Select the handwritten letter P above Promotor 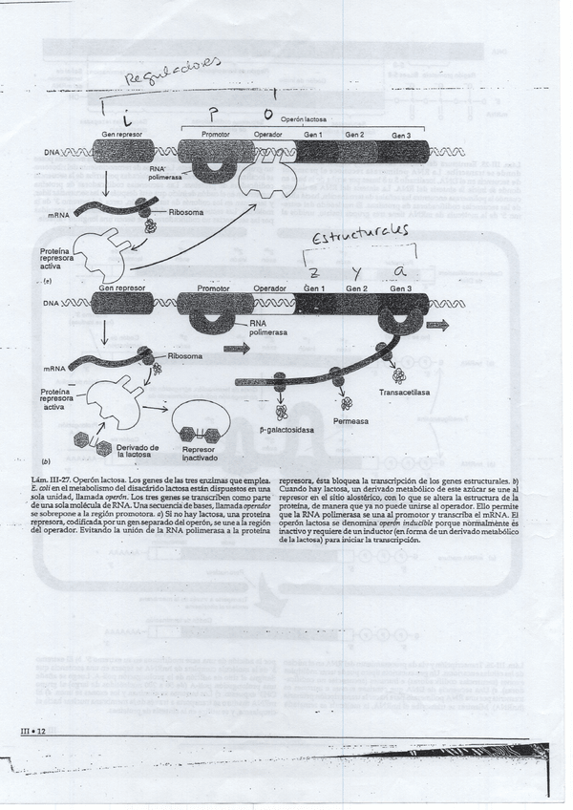[x=216, y=112]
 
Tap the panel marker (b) [x=47, y=460]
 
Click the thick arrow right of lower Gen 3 [x=436, y=325]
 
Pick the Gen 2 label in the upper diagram [x=355, y=135]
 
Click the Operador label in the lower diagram [x=270, y=288]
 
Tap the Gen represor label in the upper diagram [x=121, y=135]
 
